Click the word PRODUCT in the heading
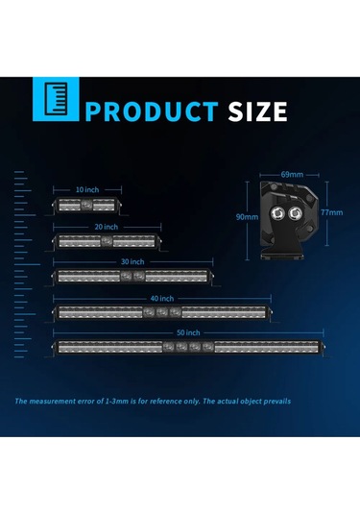coord(151,110)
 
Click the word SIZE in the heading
coord(256,110)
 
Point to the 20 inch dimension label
coord(107,226)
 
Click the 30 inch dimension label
coord(132,261)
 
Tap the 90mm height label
coord(247,217)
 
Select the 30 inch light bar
coord(132,276)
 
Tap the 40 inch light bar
coord(160,311)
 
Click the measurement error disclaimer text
coord(153,401)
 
